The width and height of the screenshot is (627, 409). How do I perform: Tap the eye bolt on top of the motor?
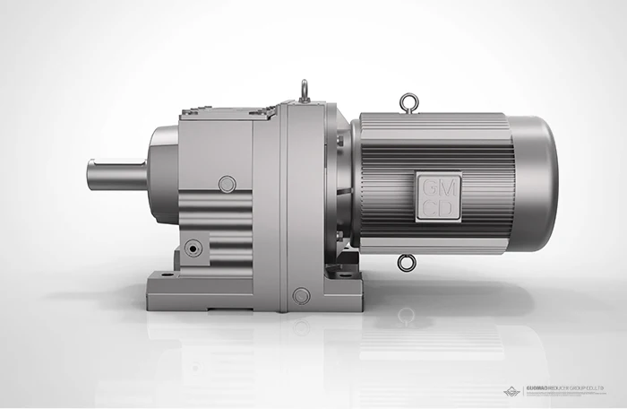pyautogui.click(x=408, y=100)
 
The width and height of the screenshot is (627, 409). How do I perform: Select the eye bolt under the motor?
pyautogui.click(x=408, y=262)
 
